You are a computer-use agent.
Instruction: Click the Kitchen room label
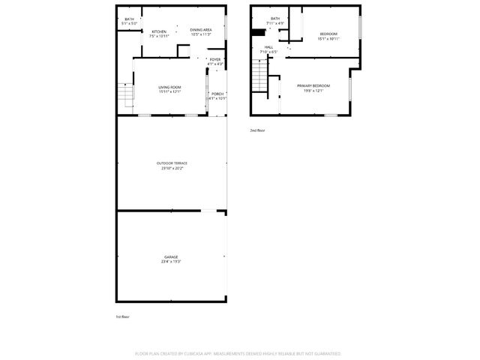point(159,31)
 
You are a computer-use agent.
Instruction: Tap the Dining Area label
point(200,29)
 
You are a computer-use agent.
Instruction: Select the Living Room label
point(169,87)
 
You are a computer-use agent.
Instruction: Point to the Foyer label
point(215,59)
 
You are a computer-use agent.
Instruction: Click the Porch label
point(217,94)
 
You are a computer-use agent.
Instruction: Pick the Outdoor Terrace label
point(172,163)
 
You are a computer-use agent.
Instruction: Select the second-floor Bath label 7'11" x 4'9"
point(275,19)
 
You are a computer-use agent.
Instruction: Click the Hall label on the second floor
point(268,47)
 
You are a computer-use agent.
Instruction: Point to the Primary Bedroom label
point(313,85)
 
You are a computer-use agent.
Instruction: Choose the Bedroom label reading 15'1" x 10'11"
point(328,34)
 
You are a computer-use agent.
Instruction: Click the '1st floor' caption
point(122,316)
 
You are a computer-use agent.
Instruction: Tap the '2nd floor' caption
point(257,130)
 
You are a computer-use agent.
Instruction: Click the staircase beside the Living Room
point(124,95)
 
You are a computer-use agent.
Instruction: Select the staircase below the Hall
point(260,75)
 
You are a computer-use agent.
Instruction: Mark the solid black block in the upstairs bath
point(258,32)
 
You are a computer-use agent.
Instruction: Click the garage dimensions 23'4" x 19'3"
point(171,261)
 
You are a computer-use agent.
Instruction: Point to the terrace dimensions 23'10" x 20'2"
point(172,168)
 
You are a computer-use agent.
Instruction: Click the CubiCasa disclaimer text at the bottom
point(238,352)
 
